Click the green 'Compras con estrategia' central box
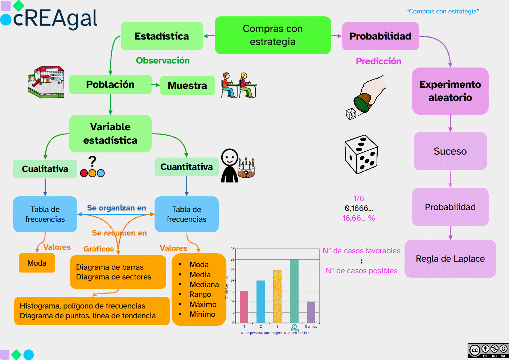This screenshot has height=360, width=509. [272, 35]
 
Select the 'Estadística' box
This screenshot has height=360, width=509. [161, 36]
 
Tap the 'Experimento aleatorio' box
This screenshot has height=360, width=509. [450, 91]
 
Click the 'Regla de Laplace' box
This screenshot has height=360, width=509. [450, 259]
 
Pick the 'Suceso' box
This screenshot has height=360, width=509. [450, 151]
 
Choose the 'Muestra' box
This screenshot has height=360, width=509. [187, 86]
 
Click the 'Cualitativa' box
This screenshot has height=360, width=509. [45, 169]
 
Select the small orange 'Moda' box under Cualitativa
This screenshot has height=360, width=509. [37, 263]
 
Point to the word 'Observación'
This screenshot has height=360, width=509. [163, 61]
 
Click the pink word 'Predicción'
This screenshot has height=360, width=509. [378, 61]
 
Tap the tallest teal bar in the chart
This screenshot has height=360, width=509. [294, 290]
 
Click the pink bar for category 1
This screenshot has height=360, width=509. [244, 307]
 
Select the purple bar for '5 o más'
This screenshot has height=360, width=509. [311, 312]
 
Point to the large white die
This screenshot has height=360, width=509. [361, 154]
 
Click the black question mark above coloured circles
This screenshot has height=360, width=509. [93, 161]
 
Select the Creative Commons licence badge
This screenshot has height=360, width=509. [488, 351]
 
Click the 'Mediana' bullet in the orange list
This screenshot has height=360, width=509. [204, 285]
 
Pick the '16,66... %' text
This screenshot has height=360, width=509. [358, 218]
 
